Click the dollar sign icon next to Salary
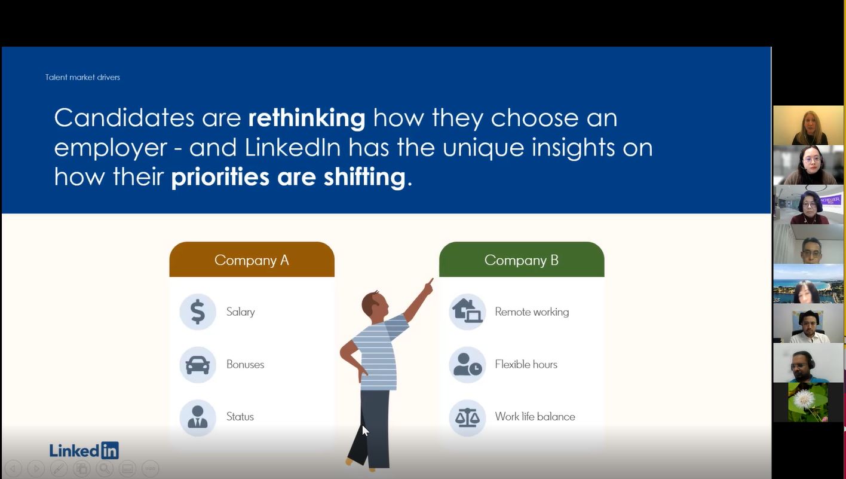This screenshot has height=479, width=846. [x=198, y=312]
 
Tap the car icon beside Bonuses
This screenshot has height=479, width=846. [x=198, y=365]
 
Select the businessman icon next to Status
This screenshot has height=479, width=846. [x=198, y=417]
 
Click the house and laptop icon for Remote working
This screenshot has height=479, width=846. [x=467, y=312]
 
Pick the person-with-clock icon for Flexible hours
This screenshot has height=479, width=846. [x=467, y=365]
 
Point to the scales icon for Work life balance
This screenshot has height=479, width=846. [x=467, y=417]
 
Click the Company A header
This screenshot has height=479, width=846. [x=252, y=260]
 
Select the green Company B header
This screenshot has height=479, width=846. [x=522, y=260]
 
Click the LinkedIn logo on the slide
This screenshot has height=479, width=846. [x=84, y=450]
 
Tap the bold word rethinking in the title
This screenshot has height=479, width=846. [x=306, y=118]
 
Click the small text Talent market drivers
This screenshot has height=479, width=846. [x=82, y=77]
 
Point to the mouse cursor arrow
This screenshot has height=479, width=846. [x=365, y=431]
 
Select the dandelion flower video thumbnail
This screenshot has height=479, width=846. [x=808, y=402]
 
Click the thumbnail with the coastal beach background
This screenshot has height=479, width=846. [x=808, y=283]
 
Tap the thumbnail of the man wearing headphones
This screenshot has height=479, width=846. [x=808, y=363]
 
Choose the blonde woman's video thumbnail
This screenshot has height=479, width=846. [x=808, y=126]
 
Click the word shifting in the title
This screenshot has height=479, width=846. [x=364, y=176]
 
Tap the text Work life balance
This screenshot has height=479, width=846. [x=535, y=417]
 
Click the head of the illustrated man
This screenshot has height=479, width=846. [x=375, y=305]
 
